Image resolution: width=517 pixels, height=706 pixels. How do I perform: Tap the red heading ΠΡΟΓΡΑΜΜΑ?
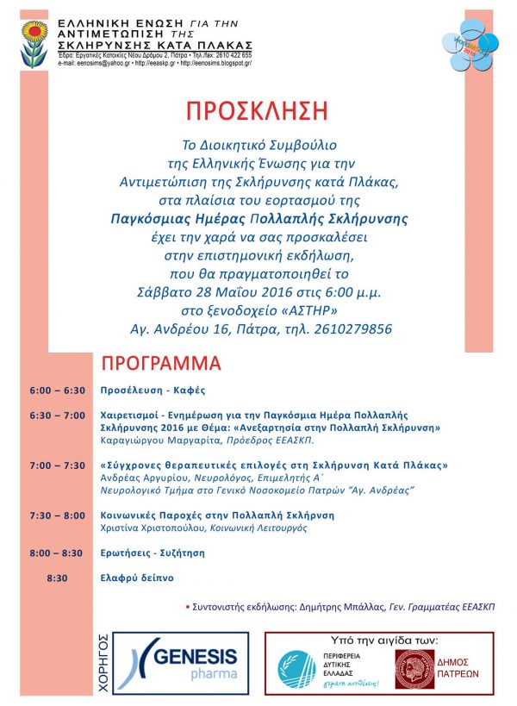(161, 361)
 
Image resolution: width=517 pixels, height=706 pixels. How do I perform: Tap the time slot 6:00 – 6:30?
(57, 390)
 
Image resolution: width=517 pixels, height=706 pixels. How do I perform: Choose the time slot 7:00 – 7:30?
(57, 465)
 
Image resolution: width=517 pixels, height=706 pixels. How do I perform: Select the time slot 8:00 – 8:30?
(57, 553)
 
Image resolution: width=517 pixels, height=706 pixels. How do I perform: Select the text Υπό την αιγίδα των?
(383, 640)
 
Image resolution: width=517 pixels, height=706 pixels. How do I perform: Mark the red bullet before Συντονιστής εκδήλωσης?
(189, 607)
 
